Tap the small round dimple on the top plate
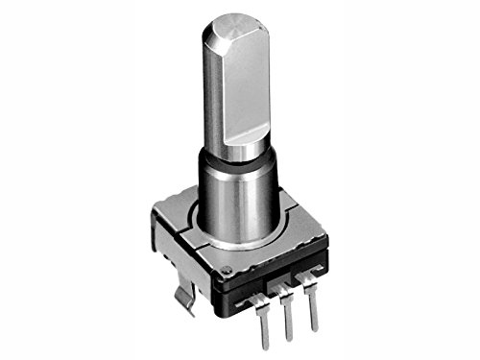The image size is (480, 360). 225,269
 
